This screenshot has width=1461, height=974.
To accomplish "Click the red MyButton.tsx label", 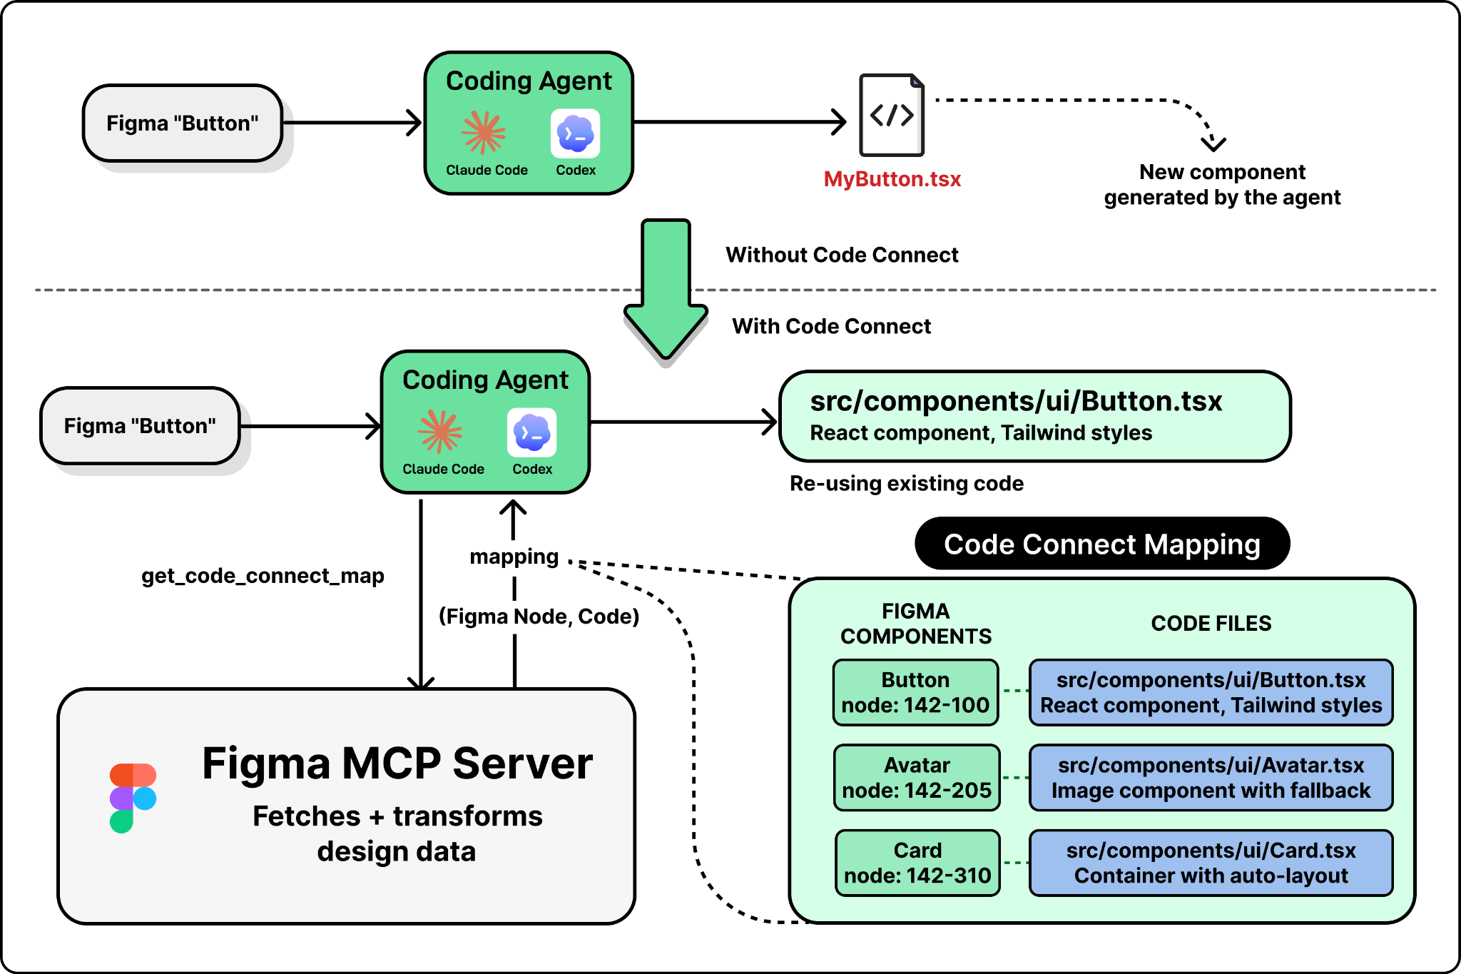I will coord(892,179).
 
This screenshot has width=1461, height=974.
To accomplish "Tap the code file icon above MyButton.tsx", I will coord(892,115).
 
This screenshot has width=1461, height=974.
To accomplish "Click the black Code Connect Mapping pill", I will coord(1101,544).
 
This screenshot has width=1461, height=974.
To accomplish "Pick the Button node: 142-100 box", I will coord(915,693).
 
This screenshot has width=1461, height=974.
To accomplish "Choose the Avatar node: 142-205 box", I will coord(917,778).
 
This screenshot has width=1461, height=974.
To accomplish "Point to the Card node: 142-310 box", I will coord(917,863).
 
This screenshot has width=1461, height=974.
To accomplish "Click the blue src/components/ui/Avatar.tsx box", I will coord(1211,778).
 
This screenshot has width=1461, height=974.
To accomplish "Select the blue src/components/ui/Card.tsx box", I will coord(1211,863).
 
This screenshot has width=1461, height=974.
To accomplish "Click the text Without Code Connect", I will coord(842,255).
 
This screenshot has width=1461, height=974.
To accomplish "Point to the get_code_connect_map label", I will coord(263,576).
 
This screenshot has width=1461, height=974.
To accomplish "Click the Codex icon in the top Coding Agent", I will coord(575,133).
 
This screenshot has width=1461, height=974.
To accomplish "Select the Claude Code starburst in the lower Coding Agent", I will coord(440,432).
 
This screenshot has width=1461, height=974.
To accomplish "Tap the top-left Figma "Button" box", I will coord(183,123).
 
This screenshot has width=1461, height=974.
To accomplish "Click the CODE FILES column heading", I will coord(1211,624).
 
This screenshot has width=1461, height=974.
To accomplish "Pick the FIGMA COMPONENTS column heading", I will coord(916,624).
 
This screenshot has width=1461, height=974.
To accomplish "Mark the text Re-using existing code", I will coord(906,484).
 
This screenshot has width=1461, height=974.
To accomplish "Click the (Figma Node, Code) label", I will coord(539,617).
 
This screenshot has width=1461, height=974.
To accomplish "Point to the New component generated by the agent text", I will coord(1222,185).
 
